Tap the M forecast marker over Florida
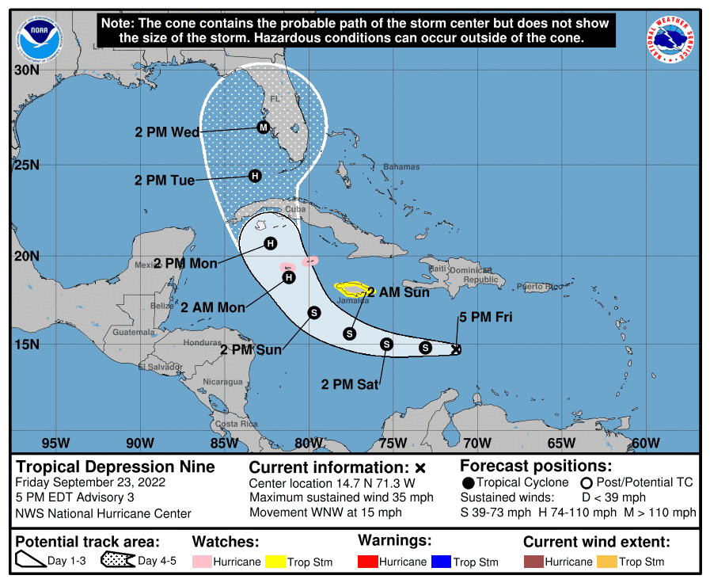pos(264,127)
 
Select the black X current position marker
pos(456,349)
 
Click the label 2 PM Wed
pos(167,132)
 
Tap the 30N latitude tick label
pos(27,70)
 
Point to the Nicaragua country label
pos(222,382)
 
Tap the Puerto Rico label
pos(540,286)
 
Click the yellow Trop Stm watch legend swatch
pos(275,562)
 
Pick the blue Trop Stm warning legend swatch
pos(441,562)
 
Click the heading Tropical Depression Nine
pos(116,467)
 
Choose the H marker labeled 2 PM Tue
pos(255,176)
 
